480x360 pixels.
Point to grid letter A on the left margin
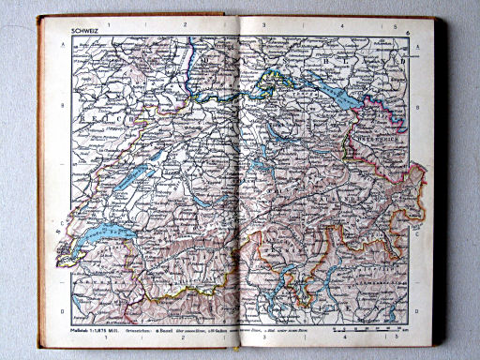tap(63, 44)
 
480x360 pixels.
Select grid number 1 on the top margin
tap(110, 24)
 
